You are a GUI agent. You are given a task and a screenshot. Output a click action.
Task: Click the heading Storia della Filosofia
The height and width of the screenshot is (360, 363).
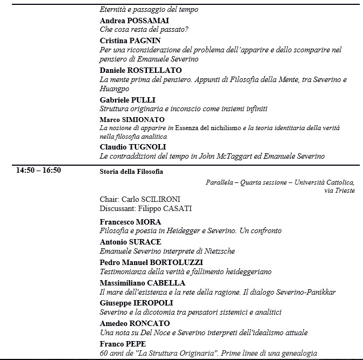click(x=131, y=172)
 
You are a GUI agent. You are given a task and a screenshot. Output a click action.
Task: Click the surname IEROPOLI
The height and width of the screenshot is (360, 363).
click(x=157, y=303)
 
